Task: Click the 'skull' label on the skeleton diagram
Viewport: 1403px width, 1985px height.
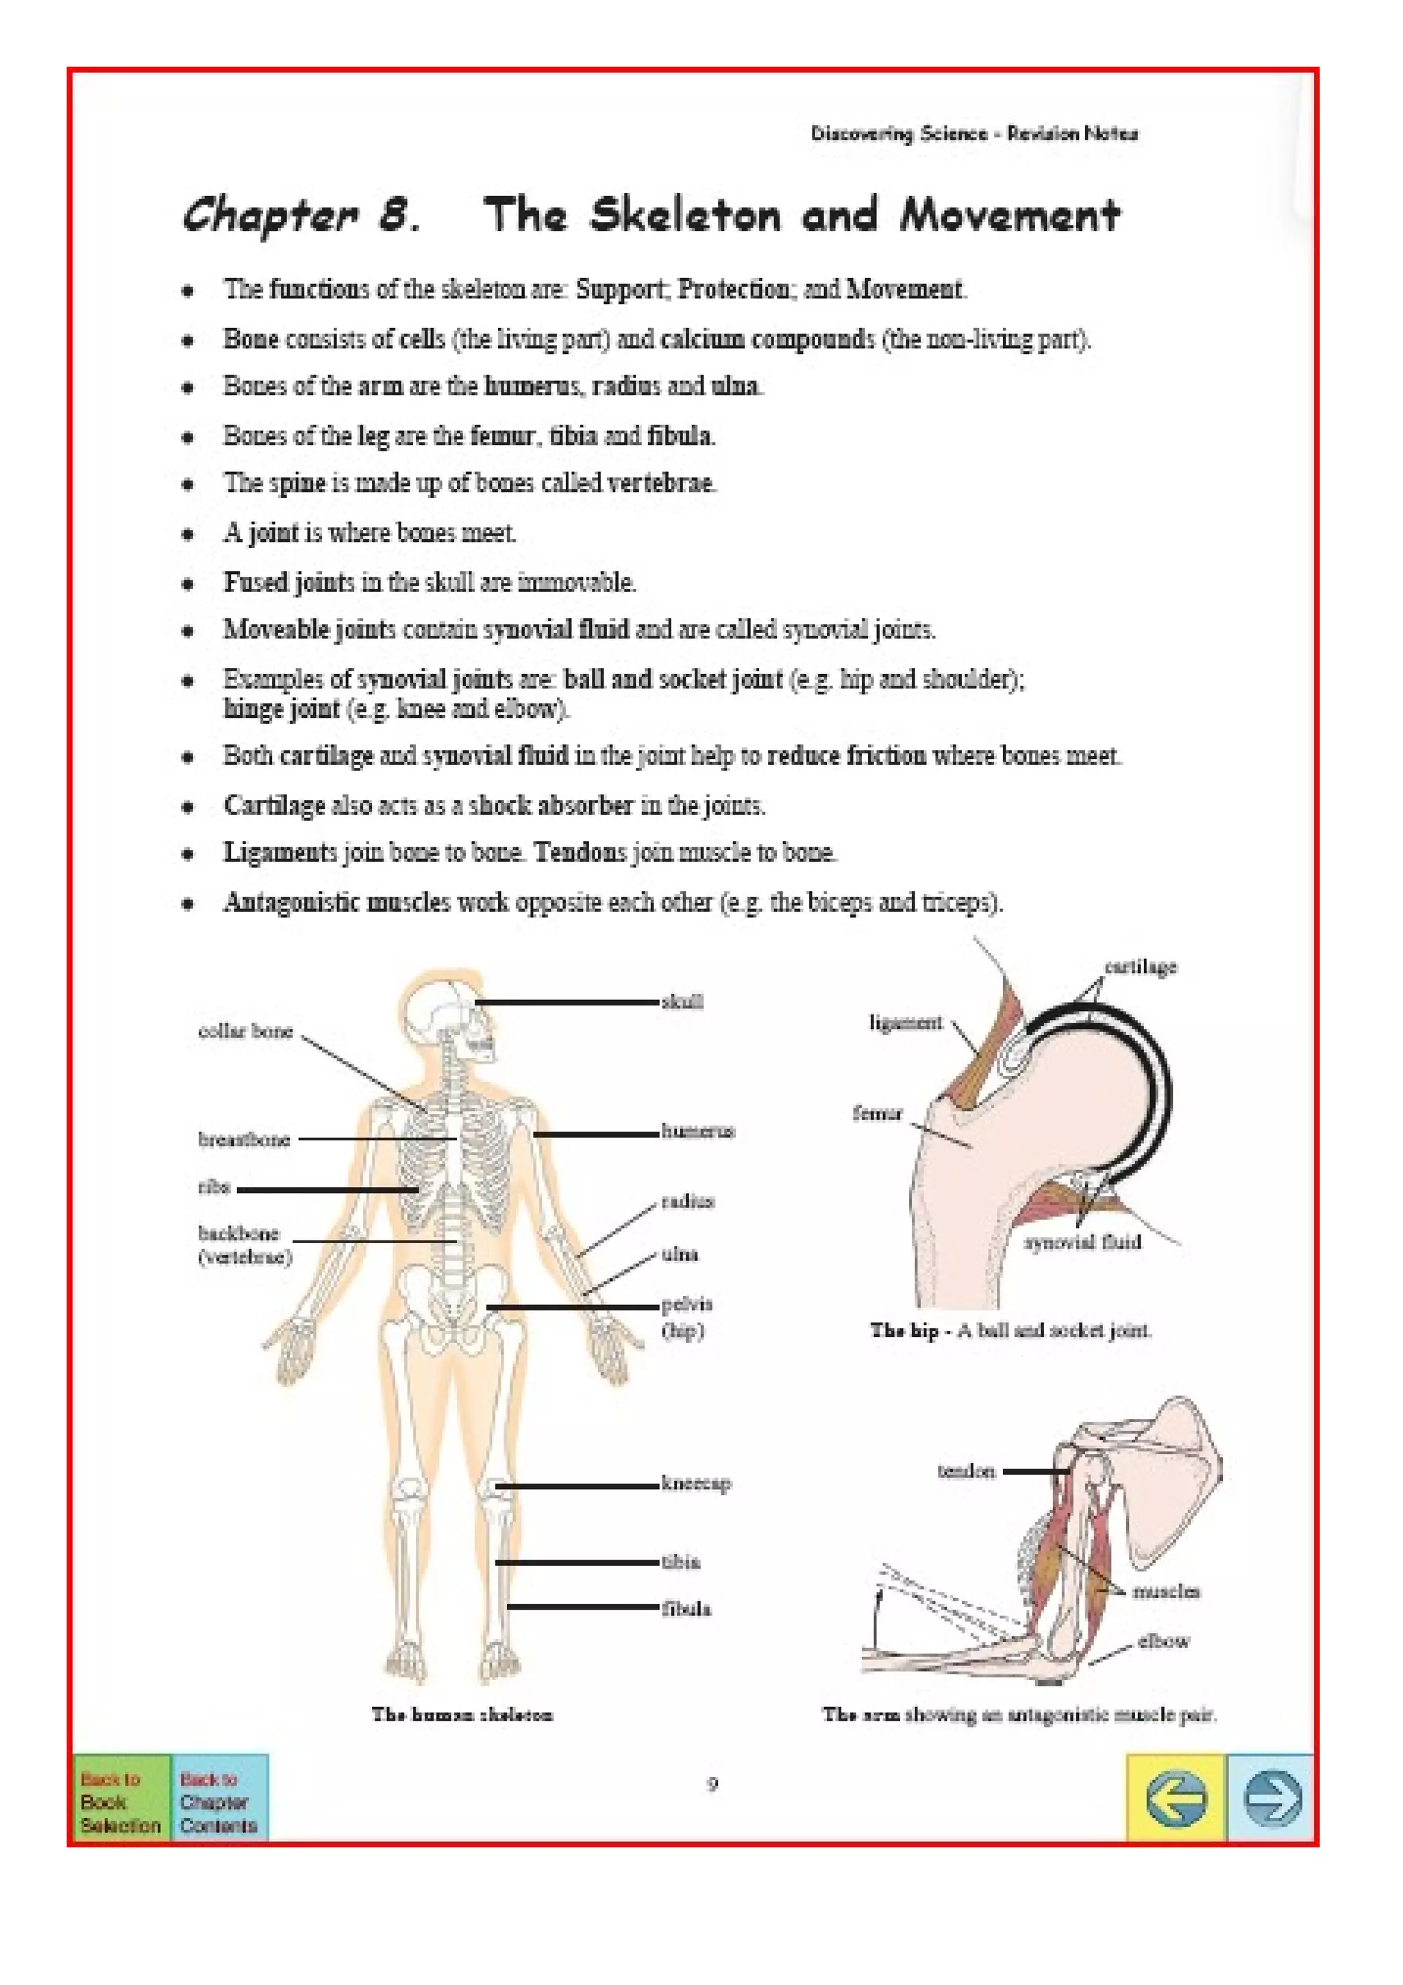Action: pos(682,1002)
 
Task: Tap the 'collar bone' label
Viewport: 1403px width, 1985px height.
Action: pos(245,1031)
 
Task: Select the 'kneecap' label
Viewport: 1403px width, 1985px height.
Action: pos(696,1483)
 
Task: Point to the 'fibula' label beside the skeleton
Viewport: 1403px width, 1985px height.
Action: pos(686,1609)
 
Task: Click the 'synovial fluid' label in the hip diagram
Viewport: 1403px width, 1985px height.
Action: pos(1082,1243)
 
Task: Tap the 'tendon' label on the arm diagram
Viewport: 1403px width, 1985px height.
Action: pos(967,1471)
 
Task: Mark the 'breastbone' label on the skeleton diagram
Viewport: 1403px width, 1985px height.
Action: pos(244,1140)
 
